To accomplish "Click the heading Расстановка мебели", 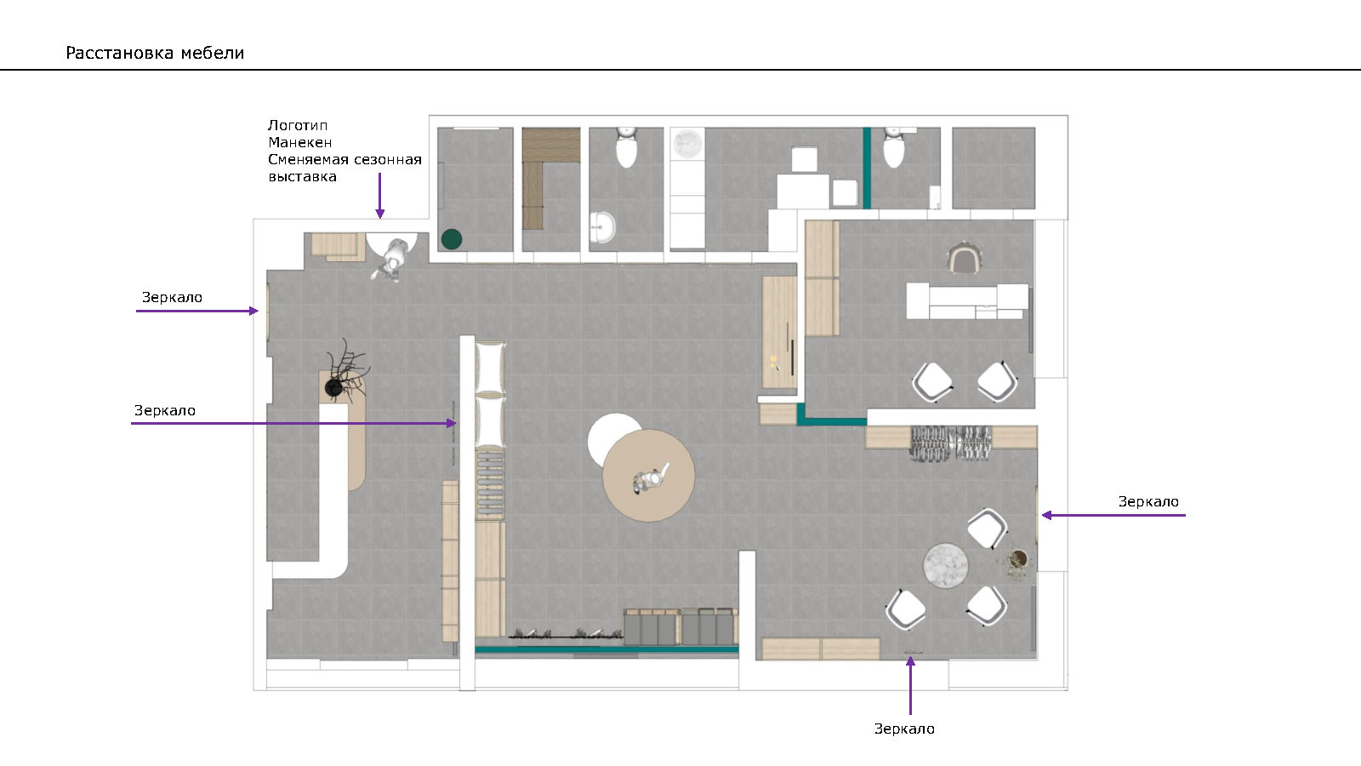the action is coord(155,53).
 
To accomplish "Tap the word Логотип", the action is coord(298,125).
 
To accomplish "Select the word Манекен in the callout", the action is coord(300,142).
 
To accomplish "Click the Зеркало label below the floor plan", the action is coord(904,729).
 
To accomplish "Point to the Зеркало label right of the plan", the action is coord(1148,501).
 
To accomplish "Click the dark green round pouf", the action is coord(452,239).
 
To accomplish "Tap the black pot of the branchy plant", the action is coord(333,387).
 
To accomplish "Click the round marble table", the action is coord(945,565).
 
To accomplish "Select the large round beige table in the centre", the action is coord(648,476).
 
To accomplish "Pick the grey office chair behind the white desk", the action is coord(965,258).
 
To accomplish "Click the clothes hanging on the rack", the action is coord(951,443).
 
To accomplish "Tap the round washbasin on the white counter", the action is coord(687,144).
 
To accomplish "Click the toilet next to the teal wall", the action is coord(894,148).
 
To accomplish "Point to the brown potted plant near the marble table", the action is coord(1017,559).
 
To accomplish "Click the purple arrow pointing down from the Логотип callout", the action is coord(379,196).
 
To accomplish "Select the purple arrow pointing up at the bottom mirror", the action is coord(910,686).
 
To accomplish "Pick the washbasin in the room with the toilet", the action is coord(602,227).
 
